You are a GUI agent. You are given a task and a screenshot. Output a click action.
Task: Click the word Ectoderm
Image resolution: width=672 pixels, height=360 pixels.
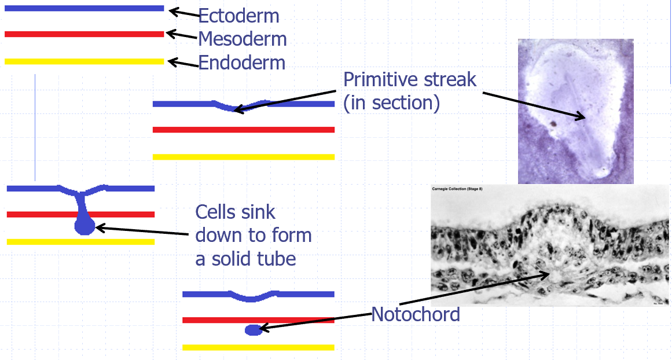point(238,16)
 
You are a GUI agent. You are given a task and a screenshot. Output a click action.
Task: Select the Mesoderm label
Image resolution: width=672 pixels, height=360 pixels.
point(242,39)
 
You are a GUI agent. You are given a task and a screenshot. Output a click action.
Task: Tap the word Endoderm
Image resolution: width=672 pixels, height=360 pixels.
point(241,63)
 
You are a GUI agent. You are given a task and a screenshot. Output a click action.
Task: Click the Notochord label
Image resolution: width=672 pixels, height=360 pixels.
point(415,315)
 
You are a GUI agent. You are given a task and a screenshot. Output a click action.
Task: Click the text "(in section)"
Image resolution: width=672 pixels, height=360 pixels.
point(391,102)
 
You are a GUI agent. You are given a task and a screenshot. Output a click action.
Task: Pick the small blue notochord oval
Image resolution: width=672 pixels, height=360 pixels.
point(253,330)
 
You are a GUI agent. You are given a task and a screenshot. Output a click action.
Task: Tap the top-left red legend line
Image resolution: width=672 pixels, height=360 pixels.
point(84,34)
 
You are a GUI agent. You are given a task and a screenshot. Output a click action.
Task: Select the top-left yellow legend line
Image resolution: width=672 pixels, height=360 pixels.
point(84,61)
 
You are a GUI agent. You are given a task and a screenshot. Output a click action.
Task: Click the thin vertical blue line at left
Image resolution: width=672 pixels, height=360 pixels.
point(35,127)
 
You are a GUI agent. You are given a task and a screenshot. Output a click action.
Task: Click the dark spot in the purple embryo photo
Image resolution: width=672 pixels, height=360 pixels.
point(554,123)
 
